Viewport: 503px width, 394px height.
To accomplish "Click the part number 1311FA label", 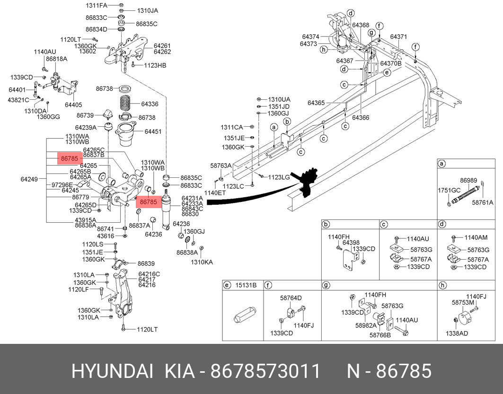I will click(96, 5).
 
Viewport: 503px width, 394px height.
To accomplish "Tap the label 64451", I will click(153, 131).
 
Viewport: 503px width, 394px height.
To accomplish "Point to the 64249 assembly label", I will click(30, 179).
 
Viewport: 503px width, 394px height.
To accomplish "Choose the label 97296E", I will click(62, 184).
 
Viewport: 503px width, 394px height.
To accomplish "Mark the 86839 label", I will click(146, 263).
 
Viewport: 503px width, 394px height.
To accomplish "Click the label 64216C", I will click(149, 274).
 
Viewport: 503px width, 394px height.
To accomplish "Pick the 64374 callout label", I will click(310, 36).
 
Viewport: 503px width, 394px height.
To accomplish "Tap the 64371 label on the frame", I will click(398, 36).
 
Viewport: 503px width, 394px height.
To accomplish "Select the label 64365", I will click(316, 103).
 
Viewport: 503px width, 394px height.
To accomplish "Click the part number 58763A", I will click(221, 166).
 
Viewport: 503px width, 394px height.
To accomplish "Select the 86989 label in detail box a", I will click(468, 180).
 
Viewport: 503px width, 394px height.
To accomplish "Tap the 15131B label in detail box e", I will click(246, 285).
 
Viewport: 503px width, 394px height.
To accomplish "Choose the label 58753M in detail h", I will click(463, 302).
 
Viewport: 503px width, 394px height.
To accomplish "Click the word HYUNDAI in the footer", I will click(112, 371).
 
